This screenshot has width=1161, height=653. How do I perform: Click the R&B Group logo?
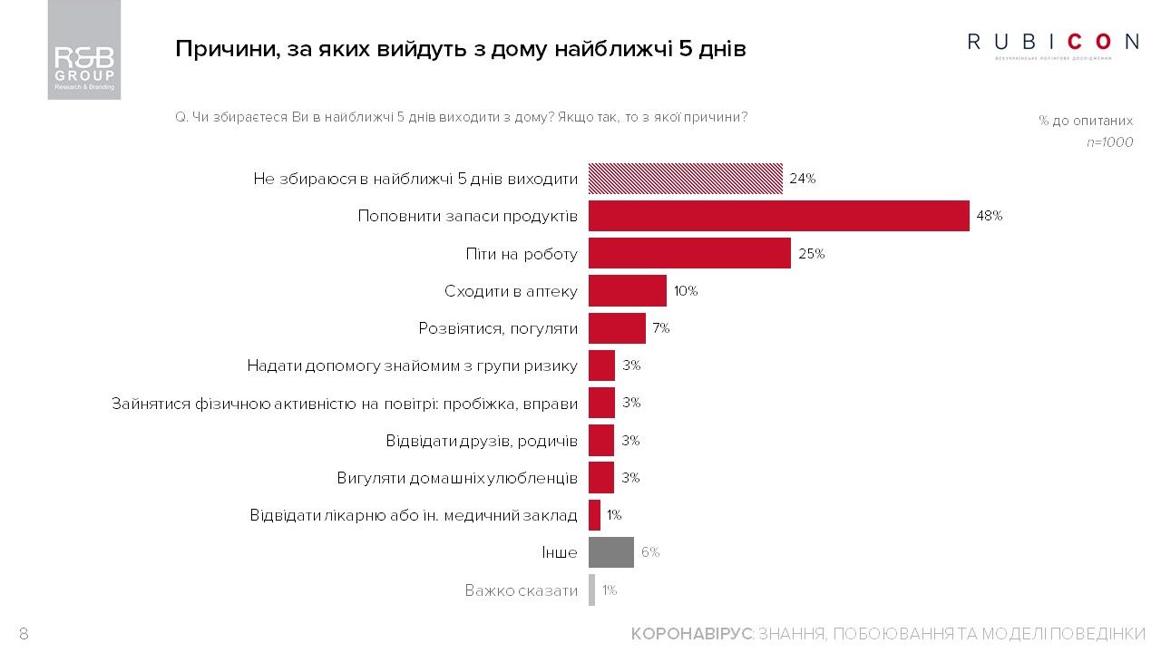[83, 50]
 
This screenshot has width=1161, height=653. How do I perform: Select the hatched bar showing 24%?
[685, 179]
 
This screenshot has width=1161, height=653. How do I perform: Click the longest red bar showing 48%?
[778, 216]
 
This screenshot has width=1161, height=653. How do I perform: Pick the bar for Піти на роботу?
[689, 253]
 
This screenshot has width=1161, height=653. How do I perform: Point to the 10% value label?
[685, 291]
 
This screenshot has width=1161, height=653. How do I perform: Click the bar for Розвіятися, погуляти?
[617, 328]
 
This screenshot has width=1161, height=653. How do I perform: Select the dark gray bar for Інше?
[610, 552]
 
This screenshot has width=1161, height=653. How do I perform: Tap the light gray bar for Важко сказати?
[591, 590]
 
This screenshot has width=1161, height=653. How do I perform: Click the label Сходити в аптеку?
[511, 291]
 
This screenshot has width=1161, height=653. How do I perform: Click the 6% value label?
[650, 552]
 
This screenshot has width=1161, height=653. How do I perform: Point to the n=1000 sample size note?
[1109, 142]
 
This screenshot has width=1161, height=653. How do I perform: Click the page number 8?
[24, 634]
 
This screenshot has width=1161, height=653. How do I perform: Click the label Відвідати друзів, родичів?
[481, 440]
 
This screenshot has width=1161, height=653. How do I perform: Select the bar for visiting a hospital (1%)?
[594, 515]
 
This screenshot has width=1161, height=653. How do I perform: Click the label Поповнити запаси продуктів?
[467, 216]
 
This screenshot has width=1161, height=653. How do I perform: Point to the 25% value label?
[811, 254]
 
